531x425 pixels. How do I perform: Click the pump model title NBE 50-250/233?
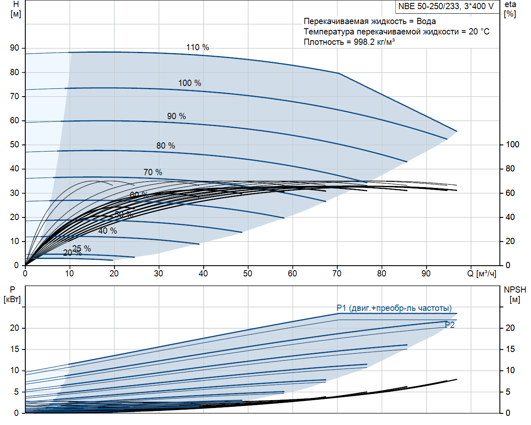click(446, 6)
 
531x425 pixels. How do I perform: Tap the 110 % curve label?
click(197, 47)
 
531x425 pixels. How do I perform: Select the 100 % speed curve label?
click(190, 83)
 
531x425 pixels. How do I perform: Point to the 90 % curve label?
click(176, 116)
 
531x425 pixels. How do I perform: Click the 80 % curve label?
click(166, 146)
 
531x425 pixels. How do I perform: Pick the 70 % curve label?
click(153, 172)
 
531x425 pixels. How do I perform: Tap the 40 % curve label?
click(107, 231)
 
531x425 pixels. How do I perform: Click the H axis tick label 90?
click(15, 48)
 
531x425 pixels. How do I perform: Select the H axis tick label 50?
click(15, 144)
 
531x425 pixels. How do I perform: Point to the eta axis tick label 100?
click(512, 144)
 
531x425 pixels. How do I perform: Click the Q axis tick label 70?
click(337, 274)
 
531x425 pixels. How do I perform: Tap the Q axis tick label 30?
click(158, 274)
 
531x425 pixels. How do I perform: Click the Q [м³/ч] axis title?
click(482, 274)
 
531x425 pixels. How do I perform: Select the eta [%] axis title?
click(510, 9)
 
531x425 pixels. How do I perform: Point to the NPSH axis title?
click(515, 294)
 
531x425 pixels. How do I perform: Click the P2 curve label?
click(450, 325)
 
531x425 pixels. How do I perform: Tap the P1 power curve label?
click(394, 308)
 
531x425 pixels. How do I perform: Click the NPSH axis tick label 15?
click(510, 349)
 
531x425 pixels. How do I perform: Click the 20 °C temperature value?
click(479, 32)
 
